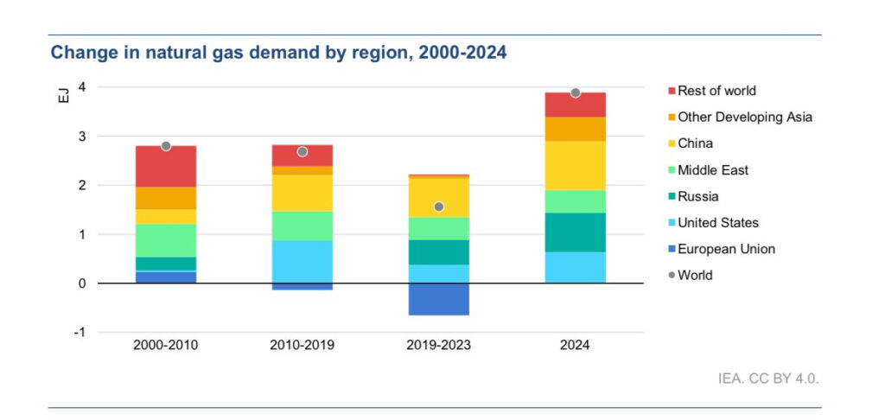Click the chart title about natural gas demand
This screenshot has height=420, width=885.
278,53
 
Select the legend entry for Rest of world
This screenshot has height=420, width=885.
716,91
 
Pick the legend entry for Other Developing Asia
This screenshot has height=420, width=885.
744,117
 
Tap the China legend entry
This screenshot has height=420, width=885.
695,143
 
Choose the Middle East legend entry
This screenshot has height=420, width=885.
712,170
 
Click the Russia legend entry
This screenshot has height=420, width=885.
697,196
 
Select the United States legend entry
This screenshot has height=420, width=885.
717,223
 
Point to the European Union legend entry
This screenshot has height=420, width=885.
726,249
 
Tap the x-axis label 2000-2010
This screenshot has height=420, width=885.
165,345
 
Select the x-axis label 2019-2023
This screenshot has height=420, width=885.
438,345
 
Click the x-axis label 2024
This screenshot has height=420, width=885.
575,345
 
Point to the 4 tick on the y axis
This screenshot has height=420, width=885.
81,87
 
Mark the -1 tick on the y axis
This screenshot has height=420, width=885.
80,333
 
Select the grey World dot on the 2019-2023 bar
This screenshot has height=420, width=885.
439,207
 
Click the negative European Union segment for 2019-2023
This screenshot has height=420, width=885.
438,299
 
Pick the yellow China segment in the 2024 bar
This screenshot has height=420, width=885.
575,165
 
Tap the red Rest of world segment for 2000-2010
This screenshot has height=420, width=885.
166,166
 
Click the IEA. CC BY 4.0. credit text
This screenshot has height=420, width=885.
767,379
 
